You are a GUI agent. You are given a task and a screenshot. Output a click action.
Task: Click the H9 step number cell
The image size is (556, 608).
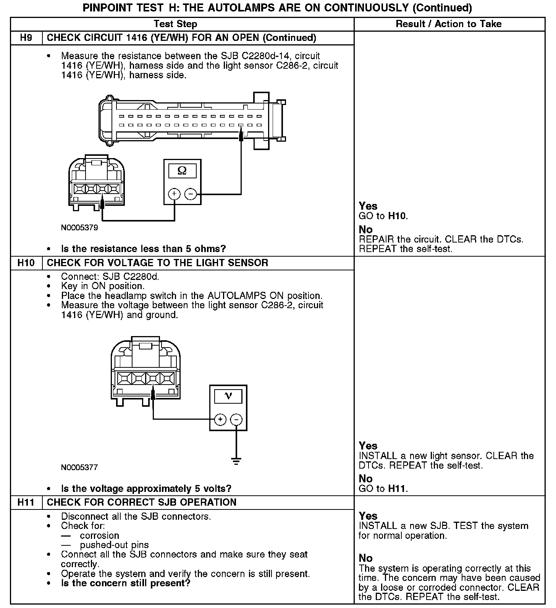(26, 38)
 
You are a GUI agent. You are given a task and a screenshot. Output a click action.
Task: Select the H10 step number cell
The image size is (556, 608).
(26, 263)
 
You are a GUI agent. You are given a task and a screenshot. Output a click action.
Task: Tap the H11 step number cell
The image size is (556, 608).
(26, 502)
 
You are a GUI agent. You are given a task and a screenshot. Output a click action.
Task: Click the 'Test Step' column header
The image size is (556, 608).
(175, 24)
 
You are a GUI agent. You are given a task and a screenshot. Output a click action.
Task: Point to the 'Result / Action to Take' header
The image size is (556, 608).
(448, 24)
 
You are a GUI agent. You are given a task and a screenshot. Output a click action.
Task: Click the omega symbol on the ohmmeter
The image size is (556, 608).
(182, 171)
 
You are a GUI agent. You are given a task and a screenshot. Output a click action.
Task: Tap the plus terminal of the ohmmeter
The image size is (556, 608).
(174, 194)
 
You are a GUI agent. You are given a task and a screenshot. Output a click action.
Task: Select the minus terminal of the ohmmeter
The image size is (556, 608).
(190, 194)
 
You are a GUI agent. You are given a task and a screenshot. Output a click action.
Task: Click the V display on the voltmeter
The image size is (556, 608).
(228, 396)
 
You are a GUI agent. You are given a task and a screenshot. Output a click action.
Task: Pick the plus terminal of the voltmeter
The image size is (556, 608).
(220, 420)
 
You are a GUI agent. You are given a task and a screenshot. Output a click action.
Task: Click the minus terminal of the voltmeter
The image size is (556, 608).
(236, 420)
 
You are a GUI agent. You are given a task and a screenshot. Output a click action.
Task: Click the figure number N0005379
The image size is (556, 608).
(79, 228)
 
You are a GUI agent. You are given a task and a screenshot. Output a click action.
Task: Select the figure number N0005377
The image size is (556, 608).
(79, 467)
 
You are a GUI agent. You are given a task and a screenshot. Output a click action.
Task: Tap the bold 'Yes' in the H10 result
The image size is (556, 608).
(368, 446)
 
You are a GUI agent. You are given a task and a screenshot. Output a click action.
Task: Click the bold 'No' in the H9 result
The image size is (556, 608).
(365, 230)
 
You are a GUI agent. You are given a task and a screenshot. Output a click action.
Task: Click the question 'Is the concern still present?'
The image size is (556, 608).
(126, 583)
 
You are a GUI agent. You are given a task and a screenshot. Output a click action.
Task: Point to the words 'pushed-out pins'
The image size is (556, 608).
(114, 545)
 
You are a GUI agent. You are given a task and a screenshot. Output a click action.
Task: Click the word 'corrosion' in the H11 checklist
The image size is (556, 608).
(99, 535)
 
